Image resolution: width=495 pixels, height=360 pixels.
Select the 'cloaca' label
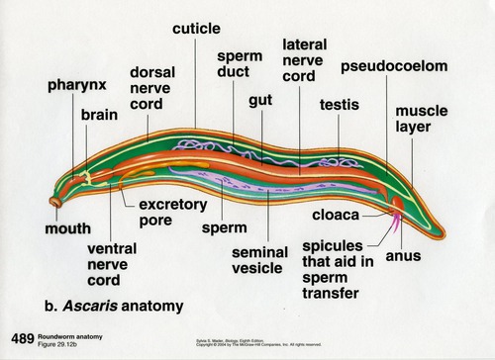click(338, 214)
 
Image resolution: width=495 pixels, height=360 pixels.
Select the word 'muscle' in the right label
click(419, 112)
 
